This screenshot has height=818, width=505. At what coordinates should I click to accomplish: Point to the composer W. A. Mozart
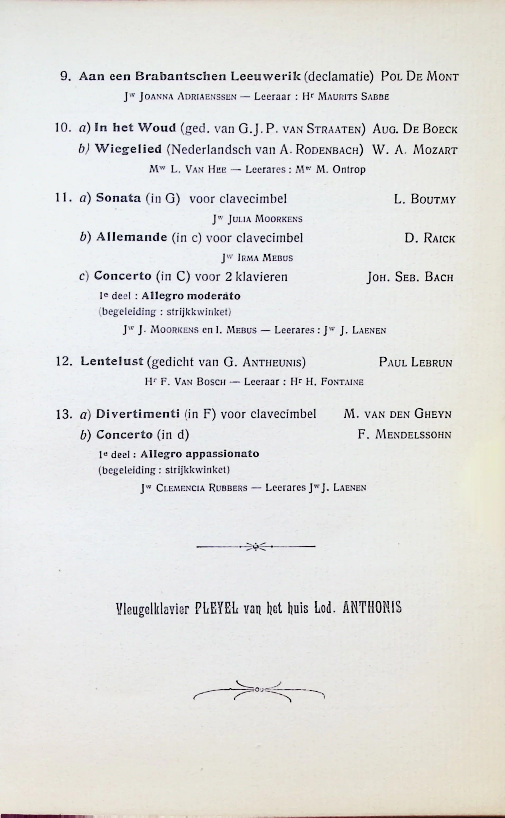(414, 150)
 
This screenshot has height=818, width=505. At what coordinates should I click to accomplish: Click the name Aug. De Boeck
(414, 129)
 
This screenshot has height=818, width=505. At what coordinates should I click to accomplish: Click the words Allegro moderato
(191, 296)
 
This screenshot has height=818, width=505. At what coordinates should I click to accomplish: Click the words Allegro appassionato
(199, 454)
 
